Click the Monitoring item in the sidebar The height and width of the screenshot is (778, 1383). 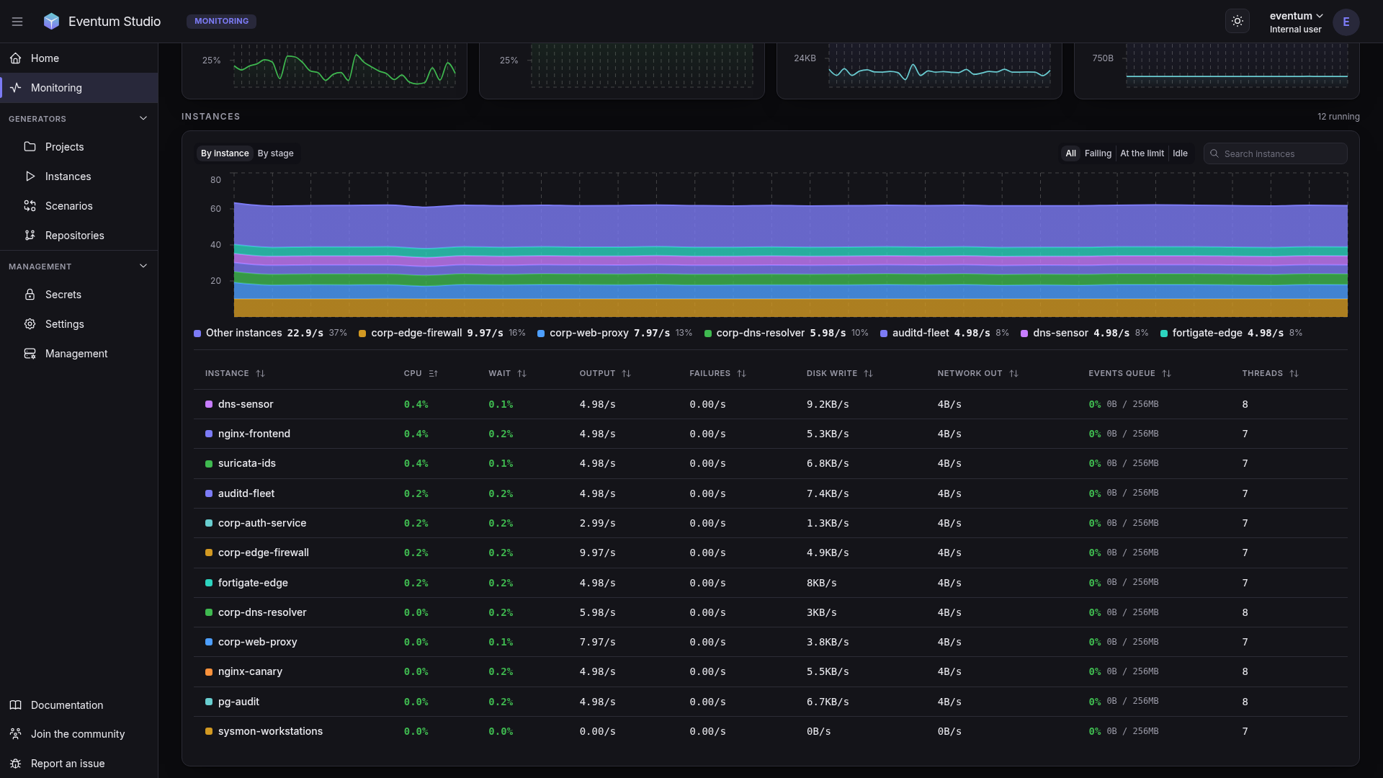pyautogui.click(x=56, y=88)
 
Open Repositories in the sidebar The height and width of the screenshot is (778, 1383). pyautogui.click(x=74, y=236)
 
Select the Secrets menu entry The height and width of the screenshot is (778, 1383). pyautogui.click(x=63, y=295)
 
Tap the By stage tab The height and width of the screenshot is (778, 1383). pyautogui.click(x=275, y=153)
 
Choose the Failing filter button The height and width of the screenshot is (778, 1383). pyautogui.click(x=1098, y=153)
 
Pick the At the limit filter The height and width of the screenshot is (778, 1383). pyautogui.click(x=1142, y=153)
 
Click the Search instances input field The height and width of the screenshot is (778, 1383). pyautogui.click(x=1275, y=153)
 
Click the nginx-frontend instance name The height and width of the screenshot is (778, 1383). pyautogui.click(x=254, y=434)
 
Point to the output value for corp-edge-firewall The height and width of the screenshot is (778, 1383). pyautogui.click(x=597, y=553)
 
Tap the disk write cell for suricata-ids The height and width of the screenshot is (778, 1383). pyautogui.click(x=828, y=463)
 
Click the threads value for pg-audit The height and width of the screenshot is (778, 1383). pyautogui.click(x=1245, y=702)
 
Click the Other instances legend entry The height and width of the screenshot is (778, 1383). pyautogui.click(x=270, y=333)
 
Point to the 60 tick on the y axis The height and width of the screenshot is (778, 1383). pyautogui.click(x=215, y=209)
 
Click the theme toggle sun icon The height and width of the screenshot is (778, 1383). pyautogui.click(x=1237, y=21)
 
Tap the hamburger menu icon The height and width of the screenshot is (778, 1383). pyautogui.click(x=17, y=22)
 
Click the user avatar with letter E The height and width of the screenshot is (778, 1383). pyautogui.click(x=1346, y=22)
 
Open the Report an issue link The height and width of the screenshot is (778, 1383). pyautogui.click(x=68, y=764)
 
